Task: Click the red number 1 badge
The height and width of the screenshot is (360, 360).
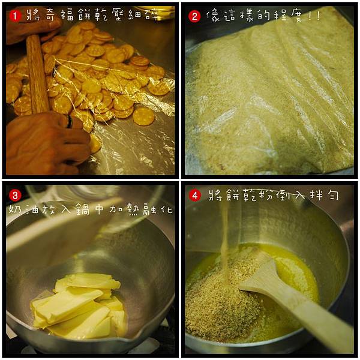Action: point(16,16)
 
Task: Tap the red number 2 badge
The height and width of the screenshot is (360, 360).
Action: point(194,16)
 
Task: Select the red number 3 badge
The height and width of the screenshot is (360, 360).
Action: point(15,196)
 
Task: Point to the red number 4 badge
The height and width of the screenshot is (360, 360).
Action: point(194,196)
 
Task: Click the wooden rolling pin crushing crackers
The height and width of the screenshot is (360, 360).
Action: point(37,73)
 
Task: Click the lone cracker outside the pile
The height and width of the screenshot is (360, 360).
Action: point(144,116)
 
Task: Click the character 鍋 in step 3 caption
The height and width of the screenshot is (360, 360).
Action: point(83,209)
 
